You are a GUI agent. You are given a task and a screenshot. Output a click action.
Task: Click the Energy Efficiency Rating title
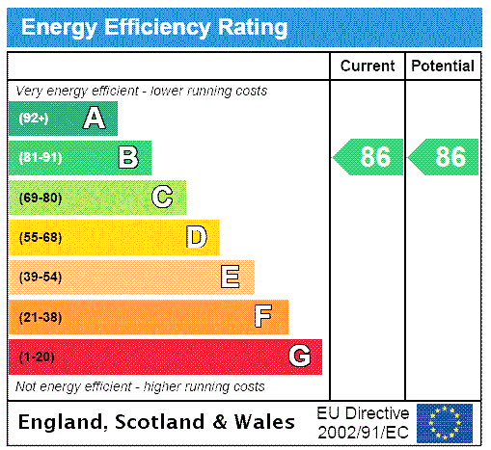(154, 28)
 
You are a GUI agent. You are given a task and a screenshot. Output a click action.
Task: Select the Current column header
(368, 66)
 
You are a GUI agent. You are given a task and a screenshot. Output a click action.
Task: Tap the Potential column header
(443, 66)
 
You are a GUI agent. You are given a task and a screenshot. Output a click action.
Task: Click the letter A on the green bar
(94, 119)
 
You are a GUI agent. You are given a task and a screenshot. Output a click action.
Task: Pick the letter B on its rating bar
(127, 157)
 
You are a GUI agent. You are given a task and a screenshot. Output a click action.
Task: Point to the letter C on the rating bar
(162, 198)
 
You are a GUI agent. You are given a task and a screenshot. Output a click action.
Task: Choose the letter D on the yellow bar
(196, 237)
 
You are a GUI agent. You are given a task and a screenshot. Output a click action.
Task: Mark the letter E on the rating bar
(231, 278)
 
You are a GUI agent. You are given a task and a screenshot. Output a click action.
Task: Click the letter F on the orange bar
(263, 317)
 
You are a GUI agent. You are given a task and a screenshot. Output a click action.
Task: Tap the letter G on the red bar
(299, 357)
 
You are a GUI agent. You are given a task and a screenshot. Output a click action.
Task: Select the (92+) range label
(34, 119)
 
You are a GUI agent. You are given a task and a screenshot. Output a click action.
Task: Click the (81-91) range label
(40, 157)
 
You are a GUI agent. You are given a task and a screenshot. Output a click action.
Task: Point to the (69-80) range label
(40, 198)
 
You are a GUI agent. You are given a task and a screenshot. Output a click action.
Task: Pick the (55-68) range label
(40, 237)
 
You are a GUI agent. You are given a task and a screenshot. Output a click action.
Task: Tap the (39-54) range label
(40, 278)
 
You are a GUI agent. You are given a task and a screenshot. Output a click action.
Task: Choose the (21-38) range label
(40, 317)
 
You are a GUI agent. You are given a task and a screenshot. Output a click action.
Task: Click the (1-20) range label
(37, 357)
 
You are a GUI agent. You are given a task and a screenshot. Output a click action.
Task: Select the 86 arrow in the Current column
(368, 157)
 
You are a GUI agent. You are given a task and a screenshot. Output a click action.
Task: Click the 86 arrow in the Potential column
(444, 157)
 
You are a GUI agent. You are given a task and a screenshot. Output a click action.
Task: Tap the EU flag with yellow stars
(445, 422)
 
